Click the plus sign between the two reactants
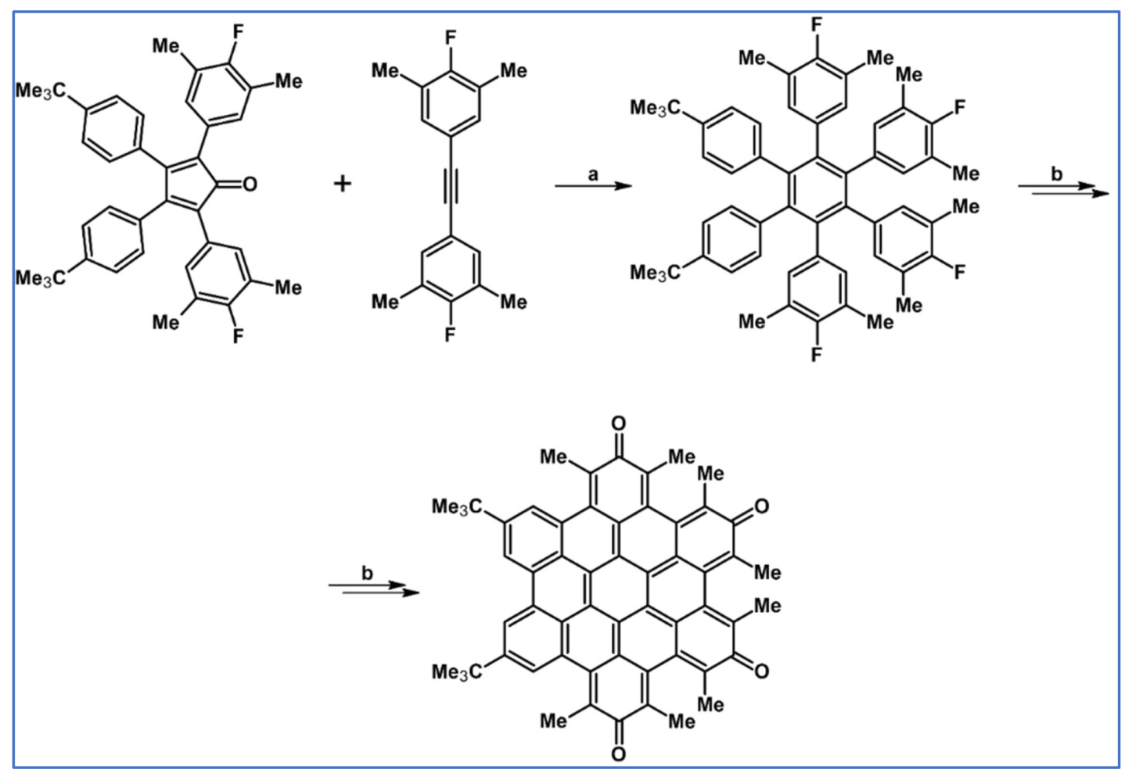[343, 184]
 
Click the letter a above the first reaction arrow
[593, 174]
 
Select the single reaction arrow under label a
[592, 187]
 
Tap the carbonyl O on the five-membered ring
[250, 184]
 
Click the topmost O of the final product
[618, 424]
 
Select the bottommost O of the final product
[618, 754]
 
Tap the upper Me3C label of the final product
[458, 508]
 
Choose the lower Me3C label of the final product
[458, 672]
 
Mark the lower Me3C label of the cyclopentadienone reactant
[41, 279]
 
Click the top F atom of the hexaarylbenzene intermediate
[817, 24]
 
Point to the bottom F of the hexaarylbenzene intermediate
[817, 355]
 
